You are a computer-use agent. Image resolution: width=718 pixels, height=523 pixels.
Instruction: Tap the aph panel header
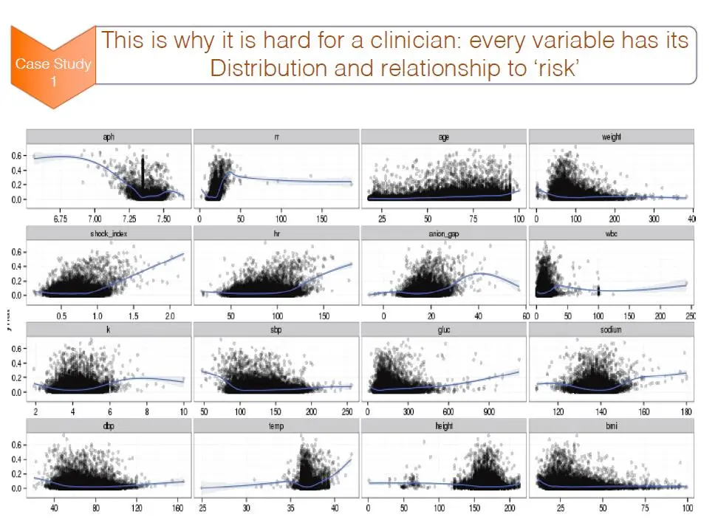[109, 137]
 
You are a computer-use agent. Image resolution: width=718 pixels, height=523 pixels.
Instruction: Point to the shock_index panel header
[109, 234]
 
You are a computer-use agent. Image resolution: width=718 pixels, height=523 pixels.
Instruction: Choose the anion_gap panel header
[444, 234]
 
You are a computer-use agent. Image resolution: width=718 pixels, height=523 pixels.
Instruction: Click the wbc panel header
[612, 234]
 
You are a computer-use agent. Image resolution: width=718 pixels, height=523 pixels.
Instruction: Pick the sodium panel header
[612, 330]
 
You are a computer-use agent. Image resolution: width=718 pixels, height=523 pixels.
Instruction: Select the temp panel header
[276, 426]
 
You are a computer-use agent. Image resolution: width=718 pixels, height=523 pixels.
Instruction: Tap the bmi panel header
[612, 426]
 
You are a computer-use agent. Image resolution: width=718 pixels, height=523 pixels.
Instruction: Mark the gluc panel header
[444, 330]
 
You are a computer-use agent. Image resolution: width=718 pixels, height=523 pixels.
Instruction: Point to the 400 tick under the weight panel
[691, 219]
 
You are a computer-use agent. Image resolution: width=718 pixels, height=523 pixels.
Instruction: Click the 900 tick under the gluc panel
[487, 411]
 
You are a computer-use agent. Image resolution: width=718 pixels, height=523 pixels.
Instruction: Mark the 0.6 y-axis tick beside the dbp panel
[16, 444]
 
